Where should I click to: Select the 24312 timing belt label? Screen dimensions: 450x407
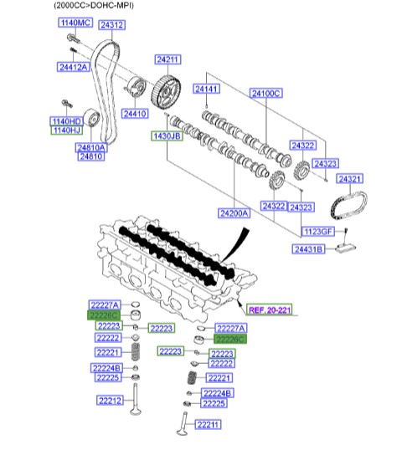pyautogui.click(x=112, y=25)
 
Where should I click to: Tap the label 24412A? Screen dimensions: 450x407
pyautogui.click(x=74, y=66)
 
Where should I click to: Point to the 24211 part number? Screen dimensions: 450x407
pyautogui.click(x=167, y=59)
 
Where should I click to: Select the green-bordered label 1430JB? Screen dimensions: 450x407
pyautogui.click(x=166, y=135)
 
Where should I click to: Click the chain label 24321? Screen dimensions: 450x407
pyautogui.click(x=349, y=179)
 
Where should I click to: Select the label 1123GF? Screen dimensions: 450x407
pyautogui.click(x=319, y=230)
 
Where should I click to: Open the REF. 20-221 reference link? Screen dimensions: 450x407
pyautogui.click(x=264, y=309)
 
